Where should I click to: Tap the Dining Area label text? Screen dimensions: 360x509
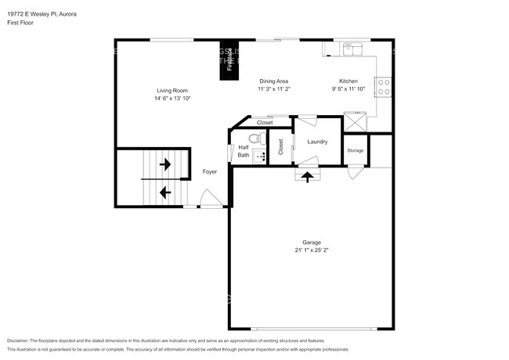point(274,81)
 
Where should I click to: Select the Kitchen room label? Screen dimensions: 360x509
point(348,81)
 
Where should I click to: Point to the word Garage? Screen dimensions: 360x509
point(312,243)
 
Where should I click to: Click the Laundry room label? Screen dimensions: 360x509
point(317,142)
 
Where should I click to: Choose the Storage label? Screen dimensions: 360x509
point(356,150)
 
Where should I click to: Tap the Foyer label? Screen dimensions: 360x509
point(210,171)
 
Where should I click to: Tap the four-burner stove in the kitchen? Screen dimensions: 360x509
point(384,87)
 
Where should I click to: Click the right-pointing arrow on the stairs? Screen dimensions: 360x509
point(165,165)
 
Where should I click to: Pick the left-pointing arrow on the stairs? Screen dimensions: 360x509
point(165,191)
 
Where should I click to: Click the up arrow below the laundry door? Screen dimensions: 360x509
point(306,177)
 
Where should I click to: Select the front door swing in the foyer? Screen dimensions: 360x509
point(211,201)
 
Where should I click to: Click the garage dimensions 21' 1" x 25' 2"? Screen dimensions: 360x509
point(312,251)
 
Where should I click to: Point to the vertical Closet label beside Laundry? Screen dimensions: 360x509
point(280,146)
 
